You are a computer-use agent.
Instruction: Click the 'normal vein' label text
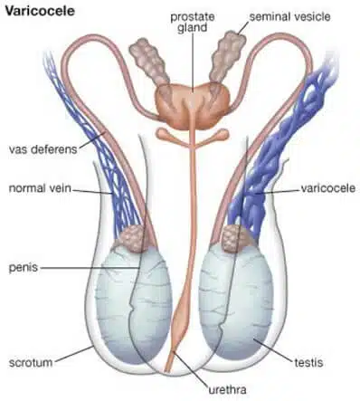click(x=39, y=189)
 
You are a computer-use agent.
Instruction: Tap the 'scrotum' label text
click(x=28, y=354)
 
